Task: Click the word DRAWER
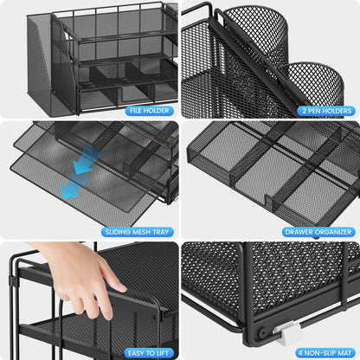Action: pos(296,231)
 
